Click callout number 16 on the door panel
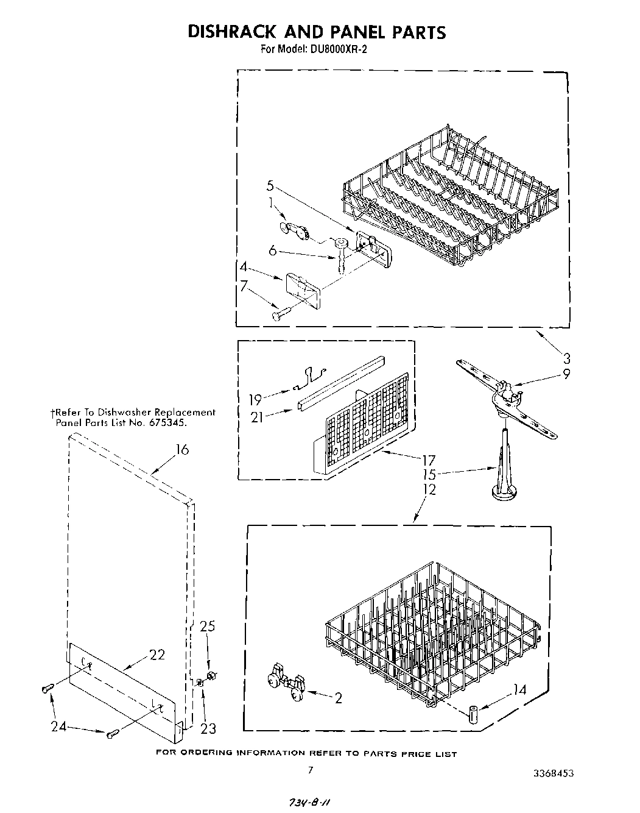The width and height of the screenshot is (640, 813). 182,450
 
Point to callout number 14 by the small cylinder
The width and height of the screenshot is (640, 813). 519,691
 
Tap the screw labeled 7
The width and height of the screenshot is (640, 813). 280,314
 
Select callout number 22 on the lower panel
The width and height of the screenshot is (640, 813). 156,655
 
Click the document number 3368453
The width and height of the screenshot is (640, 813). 552,773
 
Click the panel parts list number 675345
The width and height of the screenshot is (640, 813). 166,422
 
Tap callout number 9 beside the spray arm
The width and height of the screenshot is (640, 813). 566,374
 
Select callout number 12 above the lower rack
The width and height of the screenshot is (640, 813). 430,489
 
